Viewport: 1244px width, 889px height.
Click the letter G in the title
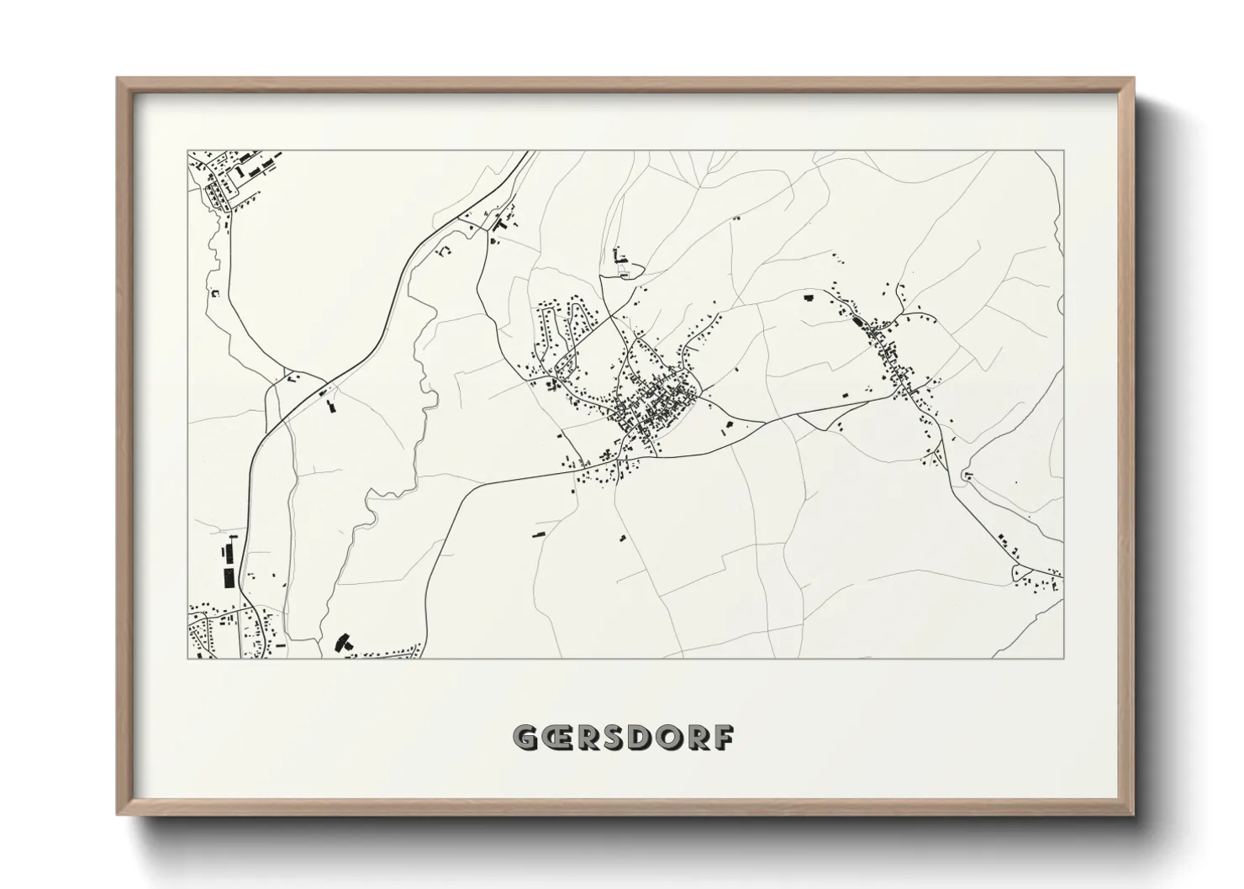coord(526,737)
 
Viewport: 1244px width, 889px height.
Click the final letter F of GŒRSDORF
coord(724,737)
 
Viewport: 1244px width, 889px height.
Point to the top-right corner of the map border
coord(1063,151)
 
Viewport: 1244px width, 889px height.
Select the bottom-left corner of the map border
coord(187,658)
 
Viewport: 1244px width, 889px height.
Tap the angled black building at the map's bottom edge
coord(342,643)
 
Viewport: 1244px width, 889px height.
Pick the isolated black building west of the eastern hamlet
coord(809,297)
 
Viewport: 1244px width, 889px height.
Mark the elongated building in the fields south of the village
coord(538,532)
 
